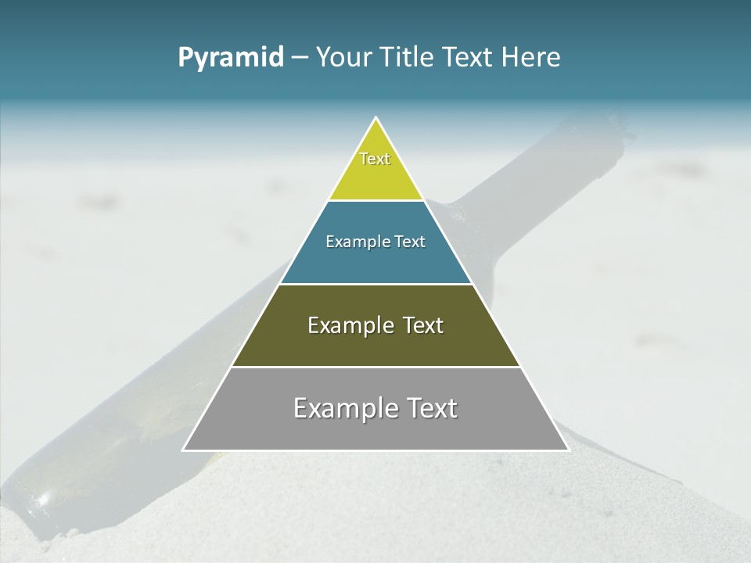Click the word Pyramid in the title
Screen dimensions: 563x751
[x=231, y=58]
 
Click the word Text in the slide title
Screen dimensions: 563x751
[x=469, y=57]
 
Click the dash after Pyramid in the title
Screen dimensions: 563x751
[x=299, y=58]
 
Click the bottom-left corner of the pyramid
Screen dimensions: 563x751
[x=184, y=450]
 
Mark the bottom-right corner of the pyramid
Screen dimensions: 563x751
[x=568, y=450]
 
